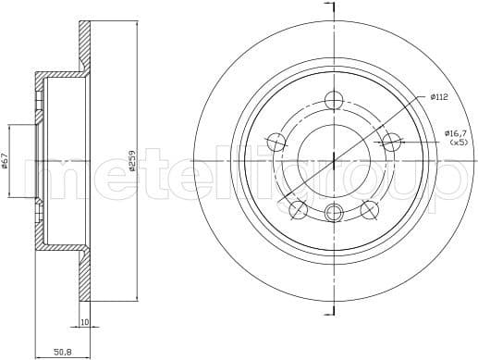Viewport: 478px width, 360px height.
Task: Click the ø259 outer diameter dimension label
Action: tap(133, 163)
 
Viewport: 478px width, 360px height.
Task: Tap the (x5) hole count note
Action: tap(457, 143)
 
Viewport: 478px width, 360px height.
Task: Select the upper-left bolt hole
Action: tap(276, 142)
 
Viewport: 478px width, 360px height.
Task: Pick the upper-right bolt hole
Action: tap(392, 142)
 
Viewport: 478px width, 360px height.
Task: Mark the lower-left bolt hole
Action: tap(298, 210)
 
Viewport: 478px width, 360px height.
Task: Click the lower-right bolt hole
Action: tap(370, 210)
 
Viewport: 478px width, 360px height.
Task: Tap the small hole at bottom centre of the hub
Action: tap(335, 214)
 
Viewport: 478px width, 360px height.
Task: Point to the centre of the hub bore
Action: tap(335, 161)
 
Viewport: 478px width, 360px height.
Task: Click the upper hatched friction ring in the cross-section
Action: tap(85, 46)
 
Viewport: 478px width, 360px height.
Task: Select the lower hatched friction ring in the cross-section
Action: tap(85, 278)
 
